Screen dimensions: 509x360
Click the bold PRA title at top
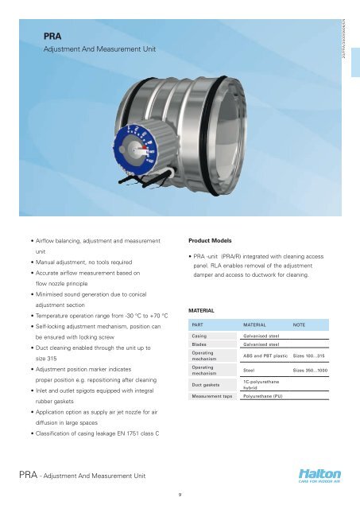(x=53, y=36)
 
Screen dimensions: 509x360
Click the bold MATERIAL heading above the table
(x=204, y=309)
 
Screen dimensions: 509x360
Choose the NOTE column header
(x=300, y=324)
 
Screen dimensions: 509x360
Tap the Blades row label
(x=199, y=344)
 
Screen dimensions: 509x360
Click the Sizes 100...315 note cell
(x=310, y=356)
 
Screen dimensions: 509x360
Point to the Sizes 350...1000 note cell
(x=311, y=371)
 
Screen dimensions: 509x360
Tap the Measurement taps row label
(x=211, y=395)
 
